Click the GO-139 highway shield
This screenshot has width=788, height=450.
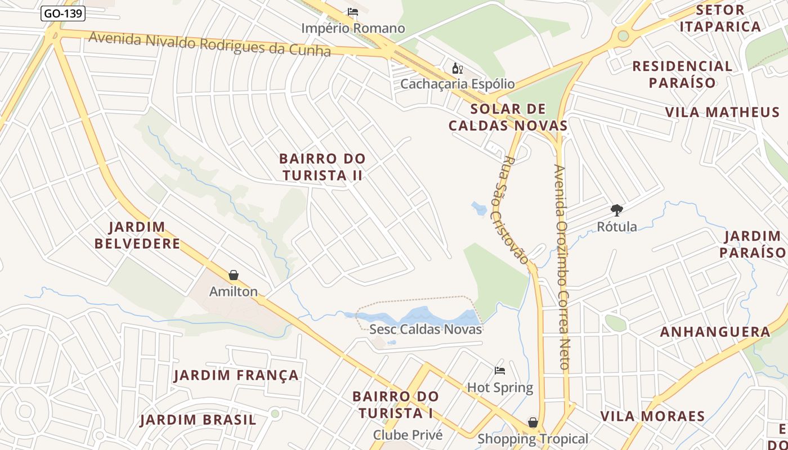click(63, 13)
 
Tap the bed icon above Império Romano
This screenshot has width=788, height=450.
click(353, 12)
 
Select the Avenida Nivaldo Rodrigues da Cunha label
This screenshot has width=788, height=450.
click(210, 44)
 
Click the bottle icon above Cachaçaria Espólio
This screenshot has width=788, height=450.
click(457, 69)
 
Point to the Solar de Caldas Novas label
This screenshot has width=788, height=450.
click(508, 117)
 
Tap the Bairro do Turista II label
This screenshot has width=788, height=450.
click(323, 167)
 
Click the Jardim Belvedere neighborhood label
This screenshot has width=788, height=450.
click(137, 235)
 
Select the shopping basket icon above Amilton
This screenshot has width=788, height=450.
click(234, 275)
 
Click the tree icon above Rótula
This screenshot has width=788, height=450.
click(617, 210)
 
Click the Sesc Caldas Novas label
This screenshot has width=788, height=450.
click(426, 329)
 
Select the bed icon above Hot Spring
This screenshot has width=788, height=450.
click(500, 371)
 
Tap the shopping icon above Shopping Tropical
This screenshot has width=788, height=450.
click(532, 422)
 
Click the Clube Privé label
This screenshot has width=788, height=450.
click(408, 435)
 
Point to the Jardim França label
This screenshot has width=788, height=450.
click(236, 375)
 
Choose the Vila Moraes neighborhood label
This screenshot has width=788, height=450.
click(652, 416)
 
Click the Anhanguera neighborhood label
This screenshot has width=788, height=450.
click(715, 332)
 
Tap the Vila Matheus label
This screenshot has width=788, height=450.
click(722, 112)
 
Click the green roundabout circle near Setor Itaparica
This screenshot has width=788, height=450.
click(623, 36)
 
